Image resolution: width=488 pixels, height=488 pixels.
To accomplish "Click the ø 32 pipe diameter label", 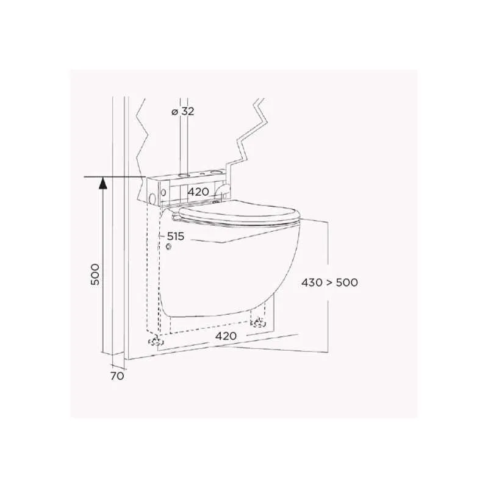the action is click(x=182, y=111).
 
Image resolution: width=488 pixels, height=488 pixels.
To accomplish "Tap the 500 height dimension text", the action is click(x=95, y=274).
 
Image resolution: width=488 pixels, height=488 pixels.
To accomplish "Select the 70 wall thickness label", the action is click(x=117, y=376).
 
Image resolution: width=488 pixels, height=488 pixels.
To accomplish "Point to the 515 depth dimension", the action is click(x=176, y=236).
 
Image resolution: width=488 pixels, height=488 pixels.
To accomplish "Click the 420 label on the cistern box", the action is click(x=198, y=192).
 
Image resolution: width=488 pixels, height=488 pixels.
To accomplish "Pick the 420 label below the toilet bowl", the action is click(x=226, y=336).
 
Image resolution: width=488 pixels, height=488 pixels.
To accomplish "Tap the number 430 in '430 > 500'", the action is click(x=312, y=282).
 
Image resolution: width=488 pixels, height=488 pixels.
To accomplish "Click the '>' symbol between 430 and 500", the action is click(x=329, y=283).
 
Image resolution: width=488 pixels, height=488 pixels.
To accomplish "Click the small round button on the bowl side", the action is click(x=169, y=247).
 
